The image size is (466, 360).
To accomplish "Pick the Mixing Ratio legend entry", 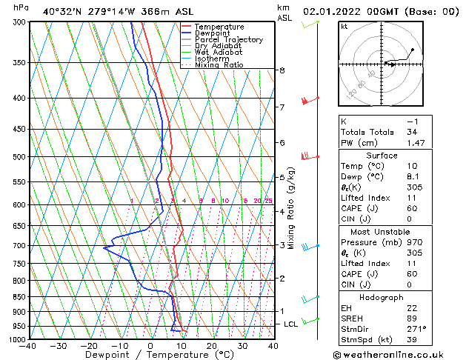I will [219, 65].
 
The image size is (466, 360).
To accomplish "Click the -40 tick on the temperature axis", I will [28, 346].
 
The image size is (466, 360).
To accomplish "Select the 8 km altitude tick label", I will [282, 70].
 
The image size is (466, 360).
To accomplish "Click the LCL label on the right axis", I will [292, 324].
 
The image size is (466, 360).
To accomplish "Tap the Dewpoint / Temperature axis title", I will [150, 355].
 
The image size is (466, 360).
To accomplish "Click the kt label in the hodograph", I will [344, 27].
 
